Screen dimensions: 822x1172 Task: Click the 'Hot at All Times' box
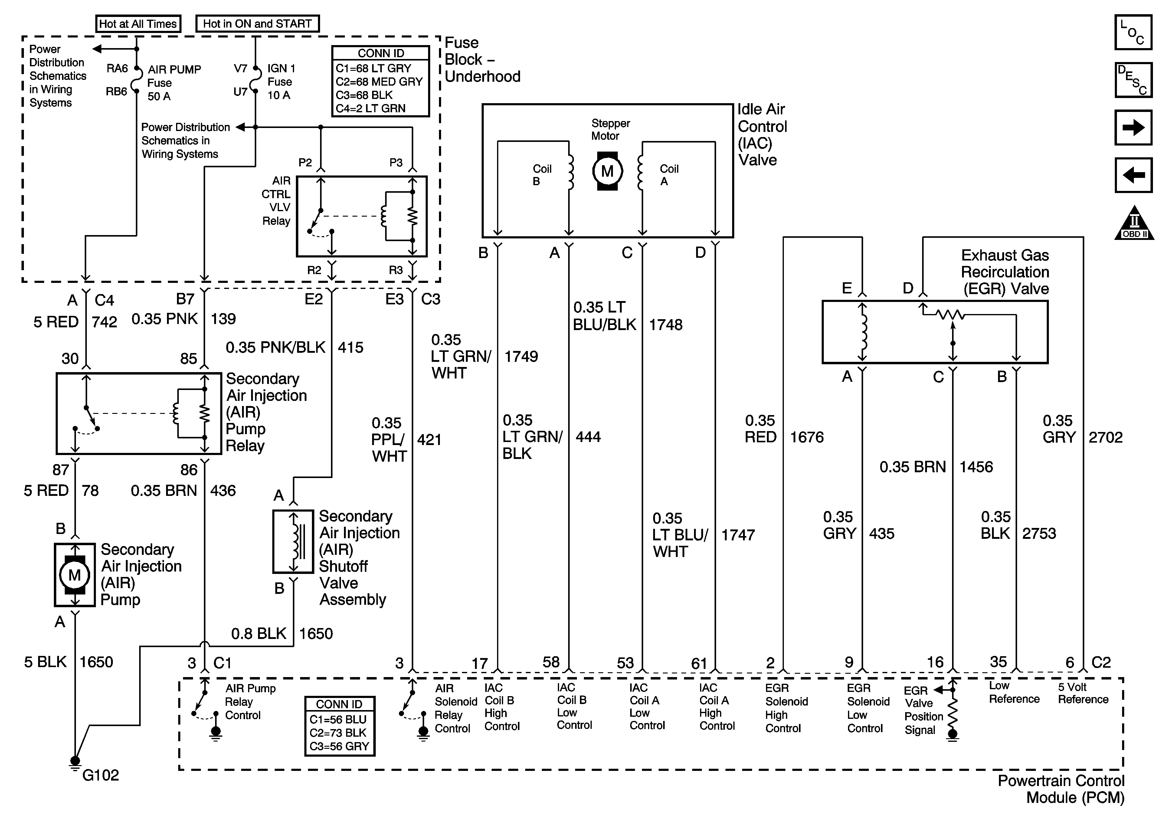pyautogui.click(x=138, y=24)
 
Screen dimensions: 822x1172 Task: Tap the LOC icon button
pyautogui.click(x=1133, y=32)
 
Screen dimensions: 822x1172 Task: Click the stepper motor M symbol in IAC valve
pyautogui.click(x=607, y=171)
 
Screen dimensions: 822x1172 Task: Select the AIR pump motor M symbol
pyautogui.click(x=74, y=575)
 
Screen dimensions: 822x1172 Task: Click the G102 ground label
pyautogui.click(x=100, y=775)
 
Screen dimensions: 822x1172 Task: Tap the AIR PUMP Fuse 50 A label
pyautogui.click(x=174, y=83)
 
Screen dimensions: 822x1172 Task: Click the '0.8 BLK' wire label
pyautogui.click(x=258, y=634)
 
